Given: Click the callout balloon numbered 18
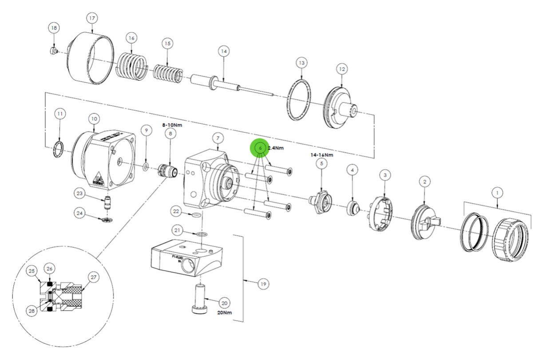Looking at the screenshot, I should point(54,28).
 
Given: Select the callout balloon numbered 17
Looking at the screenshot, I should point(92,19).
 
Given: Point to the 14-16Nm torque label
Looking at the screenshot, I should point(321,155).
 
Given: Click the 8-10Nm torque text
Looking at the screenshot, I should point(172,125).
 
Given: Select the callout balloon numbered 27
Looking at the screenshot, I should point(93,277).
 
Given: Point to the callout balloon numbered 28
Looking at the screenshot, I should point(31,312).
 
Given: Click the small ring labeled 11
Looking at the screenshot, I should point(58,148).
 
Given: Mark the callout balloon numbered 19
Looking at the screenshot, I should point(263,284).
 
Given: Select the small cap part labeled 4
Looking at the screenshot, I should point(353,206).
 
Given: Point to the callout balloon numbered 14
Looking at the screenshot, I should point(224,51).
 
